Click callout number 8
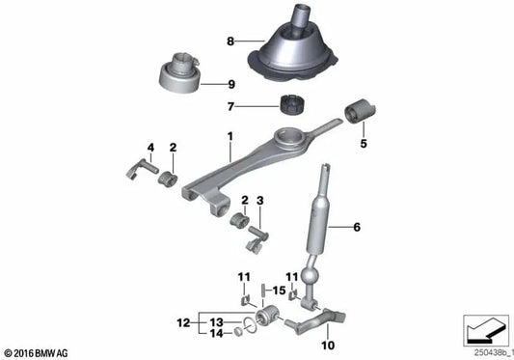[x=230, y=42]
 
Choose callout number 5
[x=363, y=146]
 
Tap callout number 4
[x=150, y=148]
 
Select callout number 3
[x=258, y=200]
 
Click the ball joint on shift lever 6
[x=311, y=279]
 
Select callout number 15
[x=279, y=289]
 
